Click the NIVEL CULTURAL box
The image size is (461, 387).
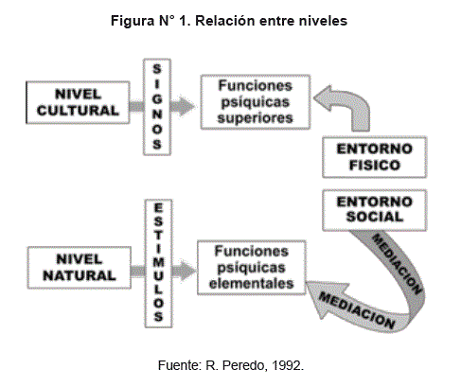point(78,102)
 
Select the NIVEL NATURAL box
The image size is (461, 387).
point(80,268)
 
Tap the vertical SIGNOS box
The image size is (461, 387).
point(157,107)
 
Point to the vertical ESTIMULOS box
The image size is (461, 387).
point(158,263)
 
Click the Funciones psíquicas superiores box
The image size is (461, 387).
point(256,102)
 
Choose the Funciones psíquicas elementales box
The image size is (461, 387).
point(252,268)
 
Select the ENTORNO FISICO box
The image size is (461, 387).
point(375,157)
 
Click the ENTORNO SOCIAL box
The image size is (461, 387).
point(375,210)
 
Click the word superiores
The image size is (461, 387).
point(255,118)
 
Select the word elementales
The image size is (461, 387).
point(252,283)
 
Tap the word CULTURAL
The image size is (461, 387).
point(78,111)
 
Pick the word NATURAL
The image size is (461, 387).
point(80,275)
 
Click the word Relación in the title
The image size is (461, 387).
point(225,21)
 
